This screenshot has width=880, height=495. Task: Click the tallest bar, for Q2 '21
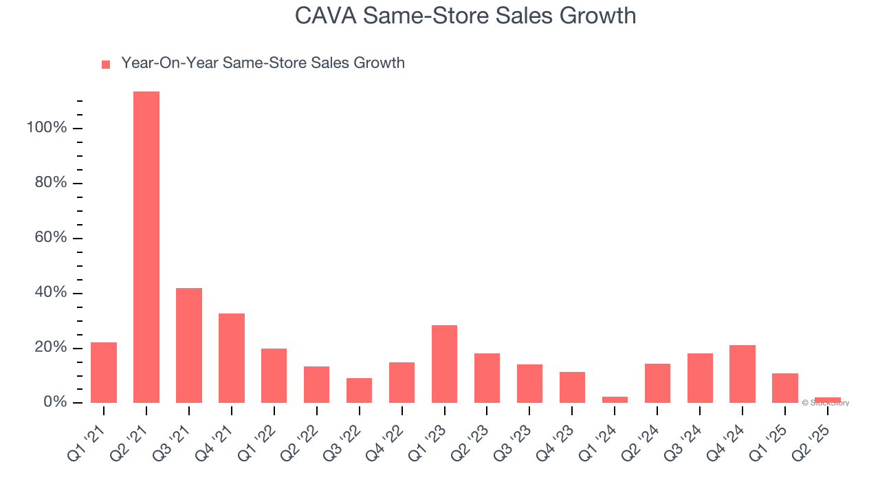pos(146,247)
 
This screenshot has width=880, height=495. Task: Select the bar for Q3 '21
pos(189,345)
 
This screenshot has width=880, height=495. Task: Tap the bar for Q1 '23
pos(444,364)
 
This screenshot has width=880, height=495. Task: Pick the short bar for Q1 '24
pos(615,399)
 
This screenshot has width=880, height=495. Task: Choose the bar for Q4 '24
pos(742,374)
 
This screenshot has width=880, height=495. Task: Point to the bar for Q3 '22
pos(359,390)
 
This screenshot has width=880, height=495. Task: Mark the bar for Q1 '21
pos(104,373)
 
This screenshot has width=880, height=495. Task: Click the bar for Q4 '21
pos(232,358)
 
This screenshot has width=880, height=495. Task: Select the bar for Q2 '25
pos(828,399)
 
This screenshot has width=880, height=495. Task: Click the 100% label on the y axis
pos(47,128)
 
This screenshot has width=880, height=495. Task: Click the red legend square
pos(106,65)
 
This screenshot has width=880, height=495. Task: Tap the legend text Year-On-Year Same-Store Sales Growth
pos(263,63)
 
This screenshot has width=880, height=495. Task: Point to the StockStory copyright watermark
pos(825,403)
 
